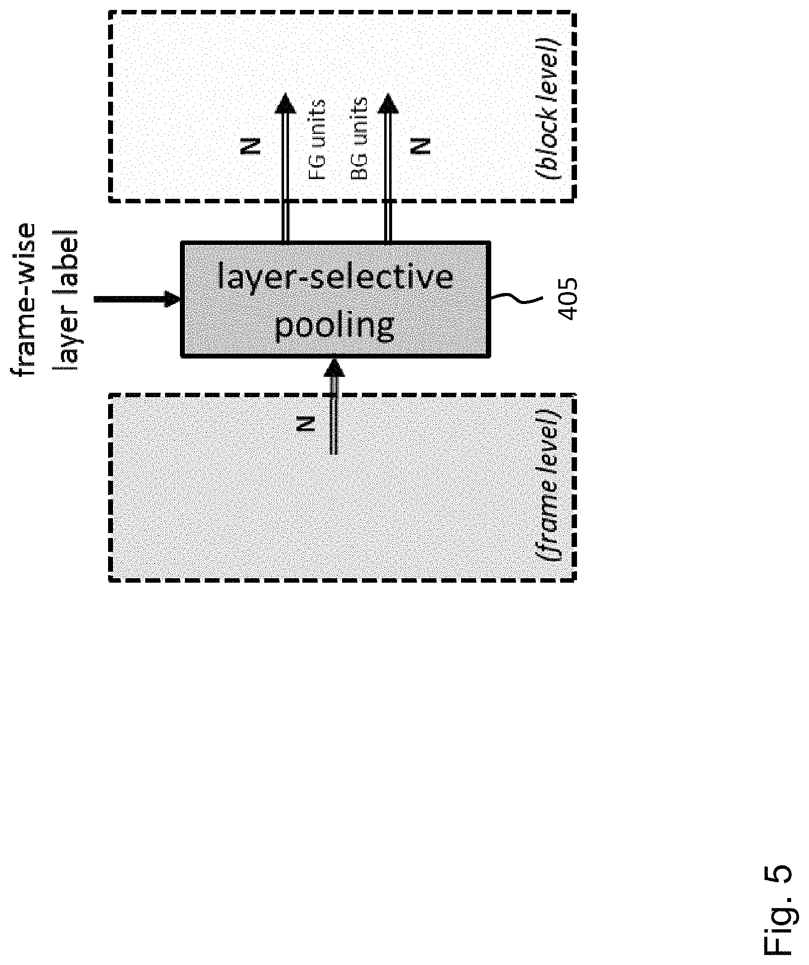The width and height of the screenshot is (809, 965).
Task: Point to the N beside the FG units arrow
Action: point(251,146)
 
